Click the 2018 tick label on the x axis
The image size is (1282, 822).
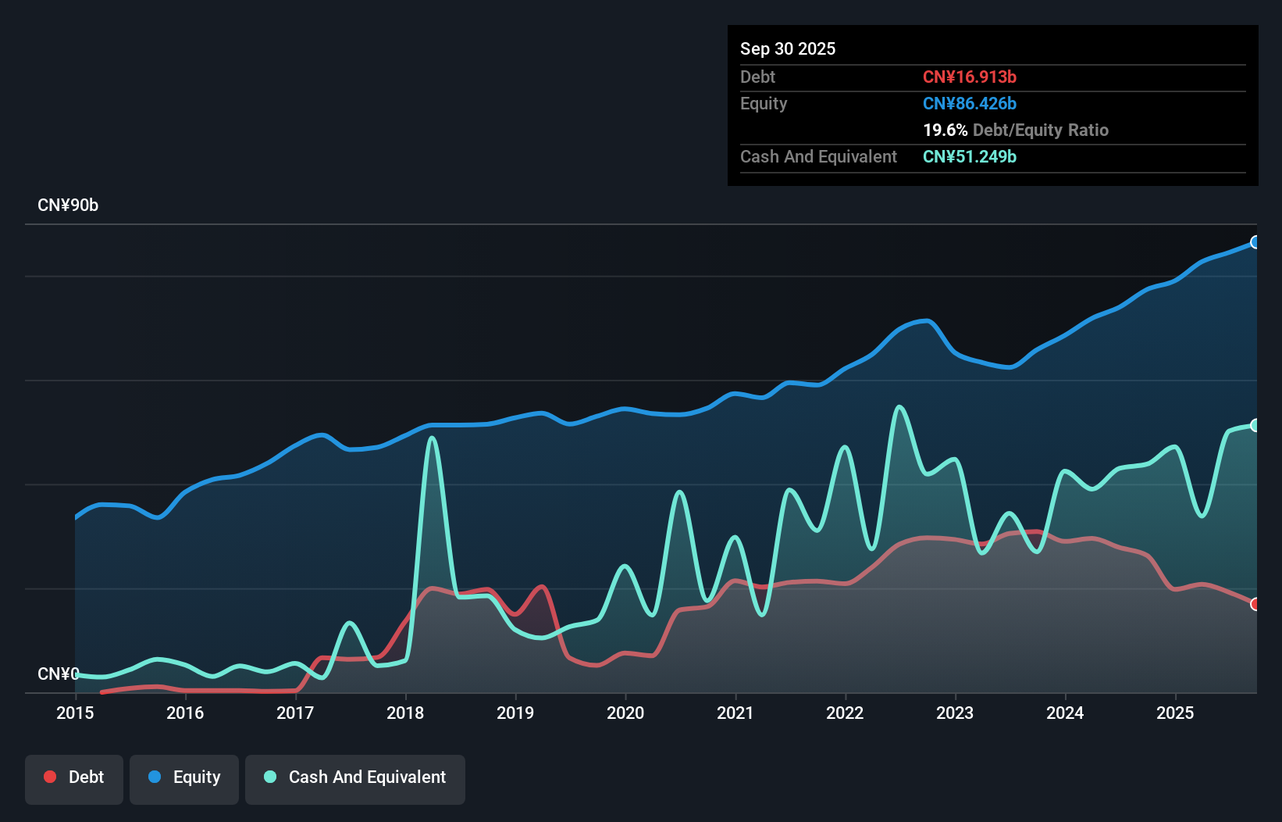(405, 713)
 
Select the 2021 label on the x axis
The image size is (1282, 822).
(735, 713)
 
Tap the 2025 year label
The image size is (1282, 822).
(1175, 713)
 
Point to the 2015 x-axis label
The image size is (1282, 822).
(75, 713)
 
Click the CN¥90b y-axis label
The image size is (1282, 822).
(68, 205)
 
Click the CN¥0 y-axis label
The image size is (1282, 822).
(58, 674)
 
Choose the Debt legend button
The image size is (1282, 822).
(74, 777)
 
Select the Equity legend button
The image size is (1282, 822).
(184, 777)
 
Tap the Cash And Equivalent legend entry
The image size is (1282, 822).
(355, 777)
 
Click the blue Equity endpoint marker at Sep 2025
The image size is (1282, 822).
(1255, 242)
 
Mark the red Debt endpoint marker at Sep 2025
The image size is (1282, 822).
(1255, 604)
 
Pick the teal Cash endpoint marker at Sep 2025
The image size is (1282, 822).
(1255, 425)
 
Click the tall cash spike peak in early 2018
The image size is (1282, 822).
(432, 438)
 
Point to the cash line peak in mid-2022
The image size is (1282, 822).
(899, 407)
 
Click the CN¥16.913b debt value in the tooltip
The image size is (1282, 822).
(969, 77)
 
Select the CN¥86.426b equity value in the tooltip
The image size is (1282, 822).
(969, 103)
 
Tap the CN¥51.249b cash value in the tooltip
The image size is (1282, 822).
(969, 156)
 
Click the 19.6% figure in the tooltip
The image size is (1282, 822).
(945, 130)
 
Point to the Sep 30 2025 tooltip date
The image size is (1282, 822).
(787, 48)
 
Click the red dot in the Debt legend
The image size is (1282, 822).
(50, 777)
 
